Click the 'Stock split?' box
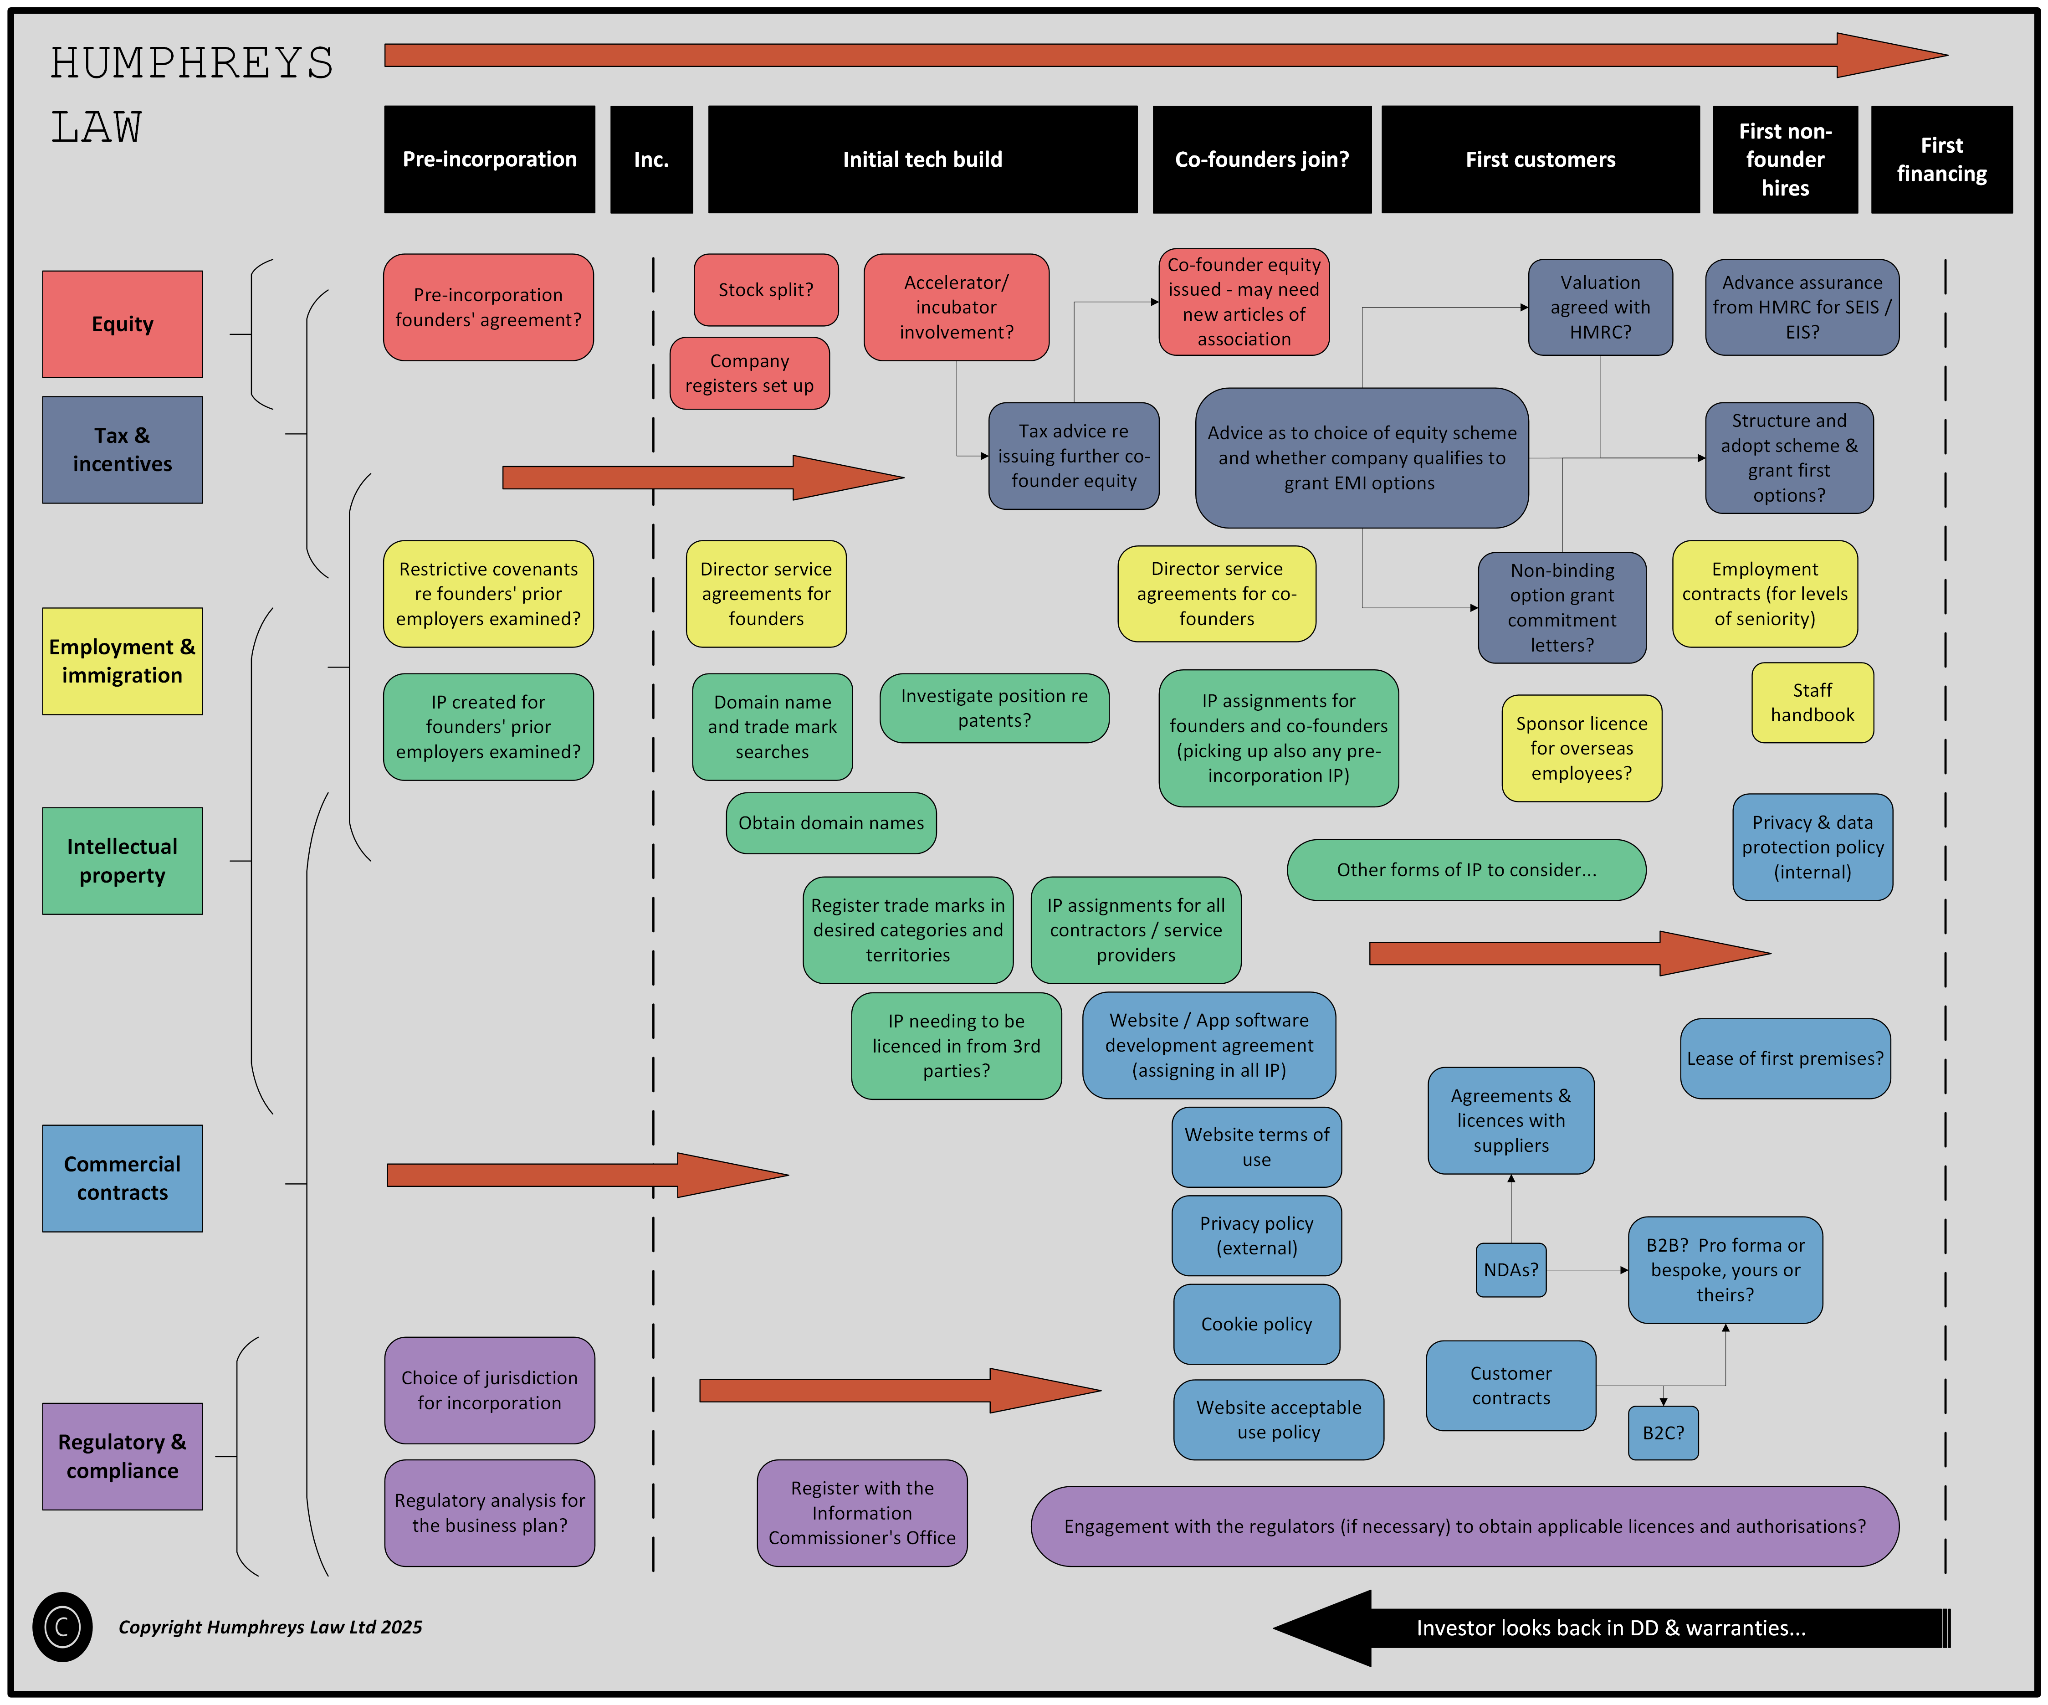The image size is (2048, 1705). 766,290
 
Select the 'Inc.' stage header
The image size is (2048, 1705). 651,159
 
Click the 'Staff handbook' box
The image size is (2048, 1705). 1812,702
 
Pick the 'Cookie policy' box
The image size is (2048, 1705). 1256,1324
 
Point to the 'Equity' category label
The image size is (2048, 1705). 122,324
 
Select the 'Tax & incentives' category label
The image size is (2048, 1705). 122,450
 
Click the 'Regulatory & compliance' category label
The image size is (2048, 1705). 122,1456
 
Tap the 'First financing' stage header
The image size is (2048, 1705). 1940,159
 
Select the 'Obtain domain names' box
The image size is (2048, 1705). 831,822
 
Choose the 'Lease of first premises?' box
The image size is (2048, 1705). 1785,1058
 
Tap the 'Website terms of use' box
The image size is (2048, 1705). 1256,1147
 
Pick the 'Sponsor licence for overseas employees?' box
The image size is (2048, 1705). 1581,748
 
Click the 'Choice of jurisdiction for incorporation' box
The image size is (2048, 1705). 490,1390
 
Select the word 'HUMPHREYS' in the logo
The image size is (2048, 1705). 192,63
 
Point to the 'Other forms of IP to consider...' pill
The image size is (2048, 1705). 1466,869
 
